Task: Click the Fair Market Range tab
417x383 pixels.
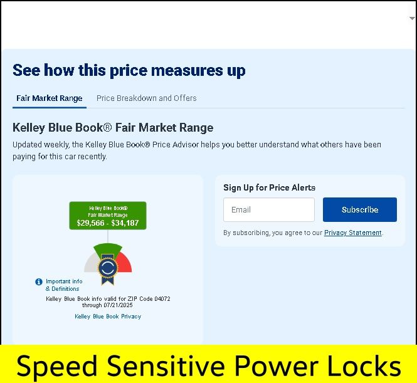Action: click(x=49, y=98)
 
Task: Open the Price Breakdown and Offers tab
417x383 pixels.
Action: click(x=147, y=98)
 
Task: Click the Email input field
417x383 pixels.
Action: click(x=269, y=210)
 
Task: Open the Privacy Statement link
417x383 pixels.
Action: click(x=352, y=233)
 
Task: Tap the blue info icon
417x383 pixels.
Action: click(x=39, y=281)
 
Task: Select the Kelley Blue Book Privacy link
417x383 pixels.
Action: click(x=108, y=317)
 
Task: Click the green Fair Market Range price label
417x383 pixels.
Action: click(x=108, y=216)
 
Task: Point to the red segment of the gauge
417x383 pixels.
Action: click(x=124, y=263)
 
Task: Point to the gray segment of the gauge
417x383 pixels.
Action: click(x=91, y=263)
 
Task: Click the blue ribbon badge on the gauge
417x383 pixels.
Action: click(x=108, y=269)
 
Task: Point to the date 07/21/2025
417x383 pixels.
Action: click(x=118, y=305)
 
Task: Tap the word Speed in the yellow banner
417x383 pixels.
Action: click(x=56, y=367)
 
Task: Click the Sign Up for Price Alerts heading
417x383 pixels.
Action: click(x=270, y=187)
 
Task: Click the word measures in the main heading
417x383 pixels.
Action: click(x=187, y=70)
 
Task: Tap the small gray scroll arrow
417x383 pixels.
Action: click(x=412, y=18)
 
